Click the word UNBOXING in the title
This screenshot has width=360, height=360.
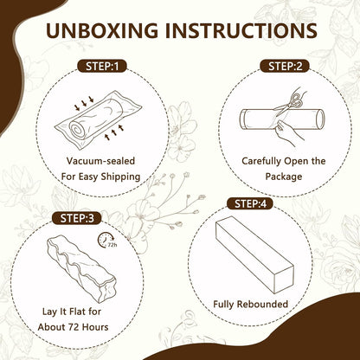point(102,30)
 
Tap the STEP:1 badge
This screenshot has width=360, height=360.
point(102,67)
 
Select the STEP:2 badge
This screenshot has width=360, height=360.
point(285,67)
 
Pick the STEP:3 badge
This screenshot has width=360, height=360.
point(77,218)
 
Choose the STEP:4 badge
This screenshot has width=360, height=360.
point(250,203)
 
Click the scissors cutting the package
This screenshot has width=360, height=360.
point(289,103)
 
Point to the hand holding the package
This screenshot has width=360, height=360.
point(288,132)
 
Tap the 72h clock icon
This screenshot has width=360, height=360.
point(107,240)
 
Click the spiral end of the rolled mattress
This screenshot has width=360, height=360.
point(77,130)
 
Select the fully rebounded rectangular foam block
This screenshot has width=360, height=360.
point(254,254)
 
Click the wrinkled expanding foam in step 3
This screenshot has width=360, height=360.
point(81,268)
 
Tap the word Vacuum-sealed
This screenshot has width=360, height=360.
point(100,161)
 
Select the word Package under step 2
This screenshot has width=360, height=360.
point(284,177)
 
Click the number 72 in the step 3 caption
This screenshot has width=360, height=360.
point(74,327)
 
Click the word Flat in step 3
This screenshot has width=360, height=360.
point(71,312)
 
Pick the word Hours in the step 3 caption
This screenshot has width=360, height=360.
point(95,327)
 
